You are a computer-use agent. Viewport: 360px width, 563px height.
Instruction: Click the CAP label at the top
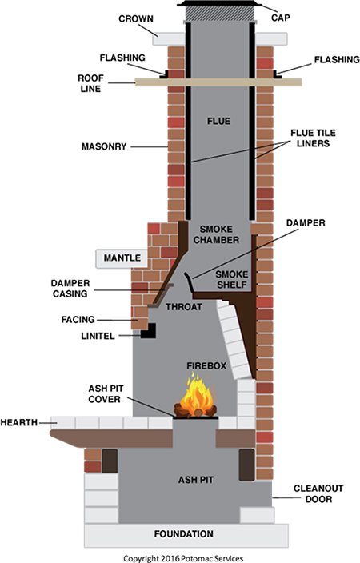click(281, 18)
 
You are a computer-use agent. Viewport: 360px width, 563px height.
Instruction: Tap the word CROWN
click(136, 18)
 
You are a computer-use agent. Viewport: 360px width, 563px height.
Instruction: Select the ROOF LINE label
click(90, 83)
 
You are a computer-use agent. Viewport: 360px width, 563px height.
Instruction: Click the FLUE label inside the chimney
click(218, 121)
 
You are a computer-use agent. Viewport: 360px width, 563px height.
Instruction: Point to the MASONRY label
click(104, 146)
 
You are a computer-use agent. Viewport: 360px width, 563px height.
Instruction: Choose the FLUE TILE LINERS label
click(313, 138)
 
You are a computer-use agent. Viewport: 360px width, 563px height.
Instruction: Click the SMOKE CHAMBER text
click(216, 234)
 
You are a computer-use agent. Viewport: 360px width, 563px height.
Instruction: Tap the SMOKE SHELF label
click(232, 280)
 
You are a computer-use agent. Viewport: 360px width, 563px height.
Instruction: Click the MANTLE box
click(122, 258)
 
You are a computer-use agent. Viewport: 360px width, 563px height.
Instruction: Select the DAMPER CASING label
click(70, 289)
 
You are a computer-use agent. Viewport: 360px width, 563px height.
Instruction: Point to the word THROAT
click(183, 307)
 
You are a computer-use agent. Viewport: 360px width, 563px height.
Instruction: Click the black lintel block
click(148, 331)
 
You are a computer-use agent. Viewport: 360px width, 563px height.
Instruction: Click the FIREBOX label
click(206, 366)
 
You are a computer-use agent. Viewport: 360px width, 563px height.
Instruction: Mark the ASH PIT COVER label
click(106, 394)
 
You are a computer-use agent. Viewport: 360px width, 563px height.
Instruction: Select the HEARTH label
click(19, 422)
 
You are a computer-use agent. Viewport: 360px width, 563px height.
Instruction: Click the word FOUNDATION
click(183, 534)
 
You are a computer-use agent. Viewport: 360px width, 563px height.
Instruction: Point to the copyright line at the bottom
click(183, 558)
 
